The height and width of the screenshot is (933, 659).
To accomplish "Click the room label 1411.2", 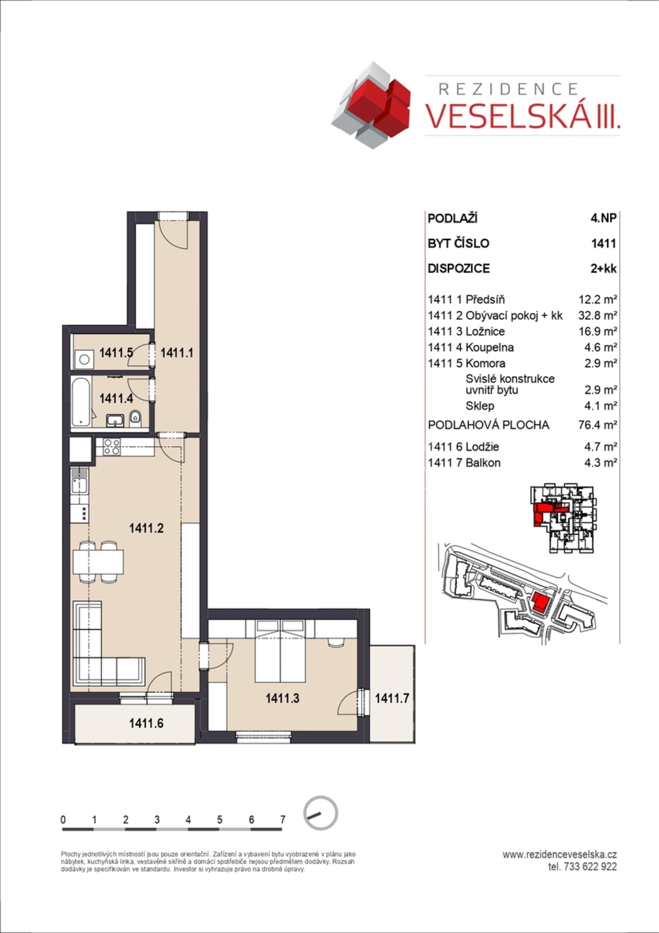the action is tap(146, 529).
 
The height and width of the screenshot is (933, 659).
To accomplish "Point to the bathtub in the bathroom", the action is tap(80, 402).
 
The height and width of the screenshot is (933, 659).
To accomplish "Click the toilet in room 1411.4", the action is tap(135, 419).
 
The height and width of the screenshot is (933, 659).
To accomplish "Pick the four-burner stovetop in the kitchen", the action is tap(112, 447).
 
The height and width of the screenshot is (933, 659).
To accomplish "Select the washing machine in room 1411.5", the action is tap(84, 359).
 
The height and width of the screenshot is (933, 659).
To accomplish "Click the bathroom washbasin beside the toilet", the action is tap(115, 420).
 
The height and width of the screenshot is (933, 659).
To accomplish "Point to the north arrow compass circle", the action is tap(320, 813).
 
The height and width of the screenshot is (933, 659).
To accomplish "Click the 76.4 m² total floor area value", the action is tap(597, 425).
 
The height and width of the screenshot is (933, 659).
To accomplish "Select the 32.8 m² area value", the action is tap(597, 316).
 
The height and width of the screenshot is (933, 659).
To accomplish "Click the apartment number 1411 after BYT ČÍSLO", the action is tap(604, 243).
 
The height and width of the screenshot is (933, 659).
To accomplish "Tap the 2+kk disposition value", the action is tap(604, 269).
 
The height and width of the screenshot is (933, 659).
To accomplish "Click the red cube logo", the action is tap(371, 105).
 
